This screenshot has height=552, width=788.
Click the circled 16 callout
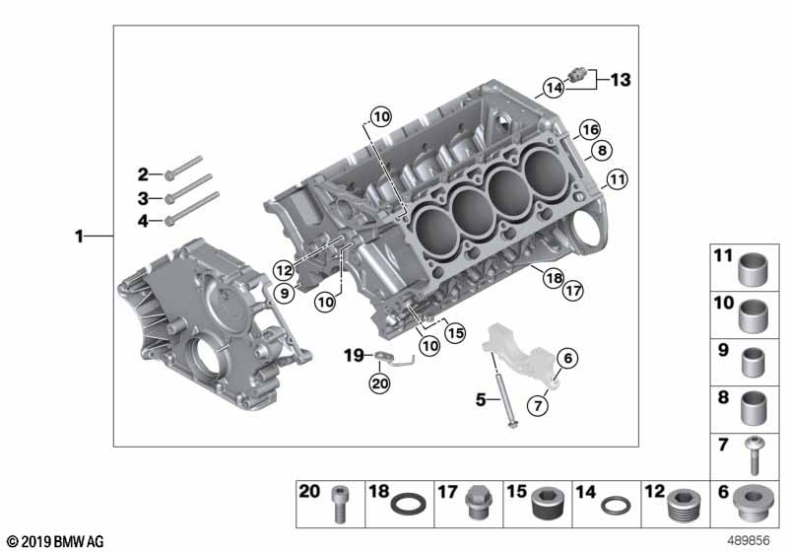(589, 130)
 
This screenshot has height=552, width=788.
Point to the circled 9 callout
(286, 291)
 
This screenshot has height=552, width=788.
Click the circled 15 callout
(455, 333)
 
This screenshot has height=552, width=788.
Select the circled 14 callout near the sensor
(555, 88)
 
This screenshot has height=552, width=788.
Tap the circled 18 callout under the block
(551, 278)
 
